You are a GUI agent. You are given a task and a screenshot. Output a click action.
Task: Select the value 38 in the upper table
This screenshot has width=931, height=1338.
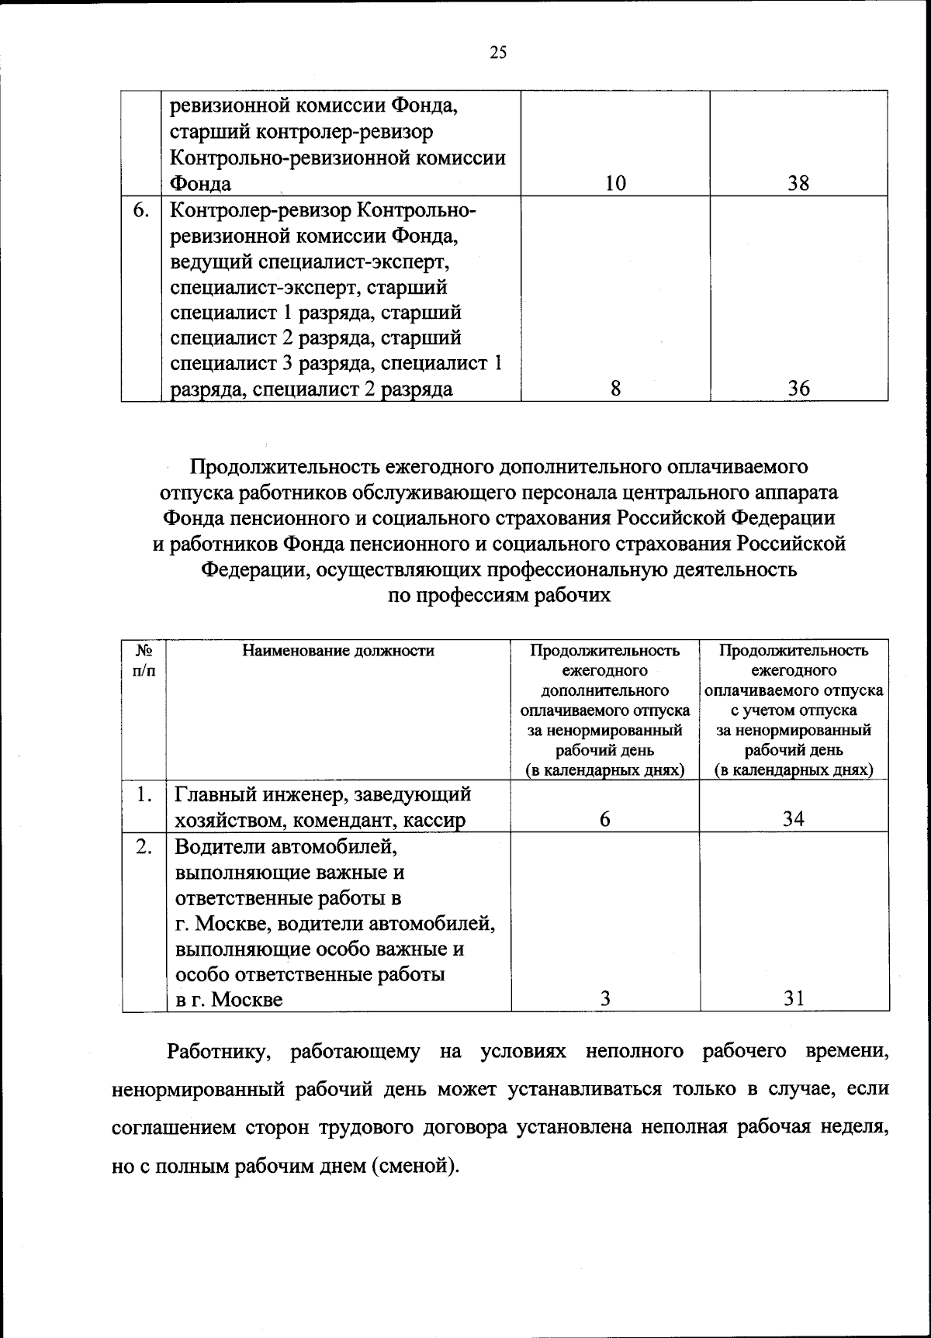pos(798,183)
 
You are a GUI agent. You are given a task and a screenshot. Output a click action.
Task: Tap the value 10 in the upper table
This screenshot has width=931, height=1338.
pos(614,183)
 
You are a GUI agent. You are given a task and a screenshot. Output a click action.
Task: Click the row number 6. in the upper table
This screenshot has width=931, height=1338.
pos(140,210)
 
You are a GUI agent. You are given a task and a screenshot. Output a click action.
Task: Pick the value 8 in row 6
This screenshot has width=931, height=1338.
pos(614,389)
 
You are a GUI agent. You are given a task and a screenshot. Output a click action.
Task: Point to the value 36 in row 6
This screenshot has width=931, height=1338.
pos(798,389)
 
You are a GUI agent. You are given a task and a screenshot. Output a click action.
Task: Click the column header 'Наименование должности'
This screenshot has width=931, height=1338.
pos(337,651)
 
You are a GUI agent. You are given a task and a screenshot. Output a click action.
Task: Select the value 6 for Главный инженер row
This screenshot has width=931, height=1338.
pos(605,820)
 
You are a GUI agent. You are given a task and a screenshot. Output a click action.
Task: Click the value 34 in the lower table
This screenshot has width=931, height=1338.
pos(793,820)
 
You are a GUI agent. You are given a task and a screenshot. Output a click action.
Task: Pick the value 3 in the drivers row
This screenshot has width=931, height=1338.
pos(605,999)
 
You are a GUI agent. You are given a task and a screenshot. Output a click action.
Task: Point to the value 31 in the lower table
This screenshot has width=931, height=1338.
pos(793,999)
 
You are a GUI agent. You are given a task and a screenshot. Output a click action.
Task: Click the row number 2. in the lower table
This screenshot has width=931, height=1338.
pos(144,846)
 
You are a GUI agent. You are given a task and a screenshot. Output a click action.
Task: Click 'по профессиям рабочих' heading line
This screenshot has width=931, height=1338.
pos(498,596)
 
